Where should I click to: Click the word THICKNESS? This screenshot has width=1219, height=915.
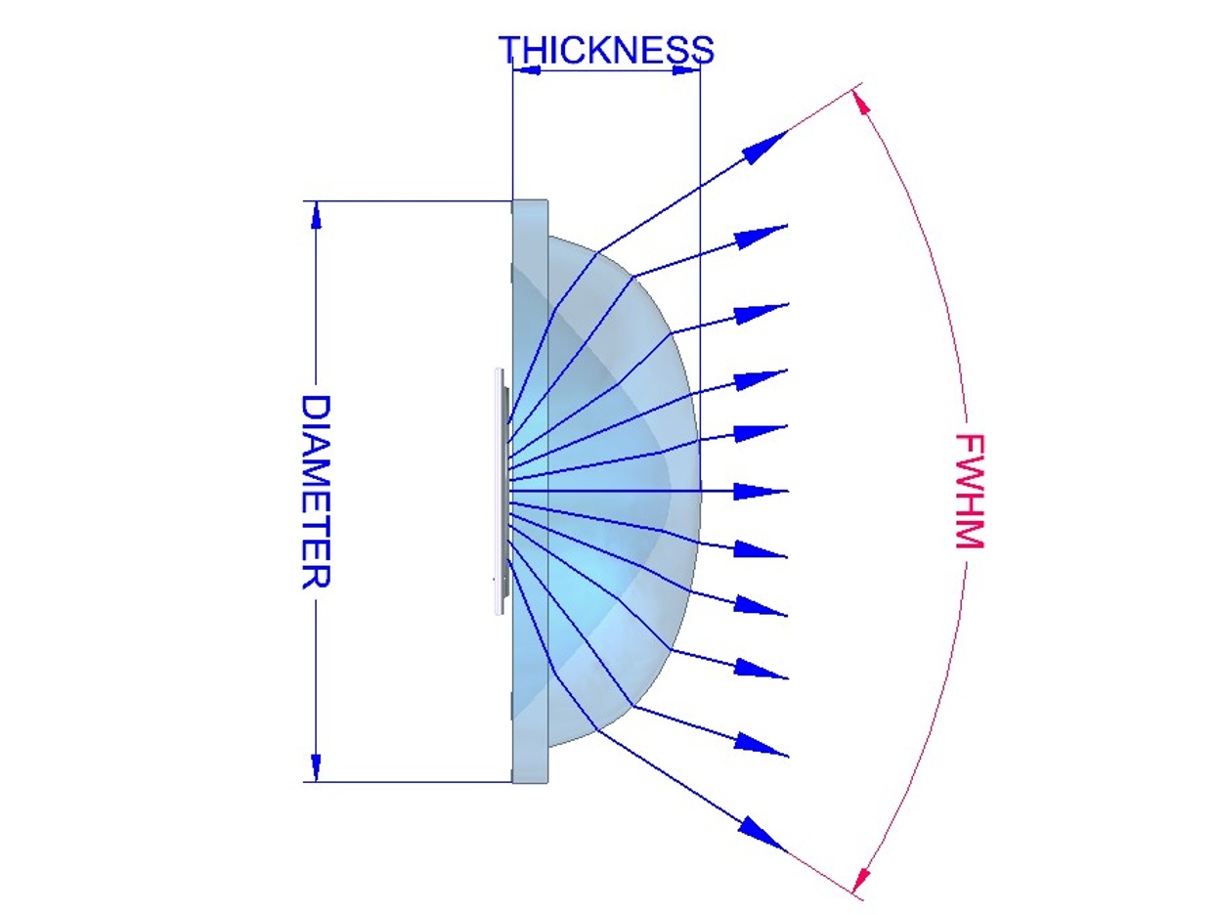click(606, 49)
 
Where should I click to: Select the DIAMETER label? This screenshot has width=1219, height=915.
click(316, 491)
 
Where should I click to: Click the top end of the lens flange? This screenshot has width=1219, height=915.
click(531, 203)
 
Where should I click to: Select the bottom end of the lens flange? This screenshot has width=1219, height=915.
click(531, 780)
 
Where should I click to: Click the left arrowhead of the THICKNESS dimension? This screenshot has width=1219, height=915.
click(525, 69)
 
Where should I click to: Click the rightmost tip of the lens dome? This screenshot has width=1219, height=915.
click(700, 491)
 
